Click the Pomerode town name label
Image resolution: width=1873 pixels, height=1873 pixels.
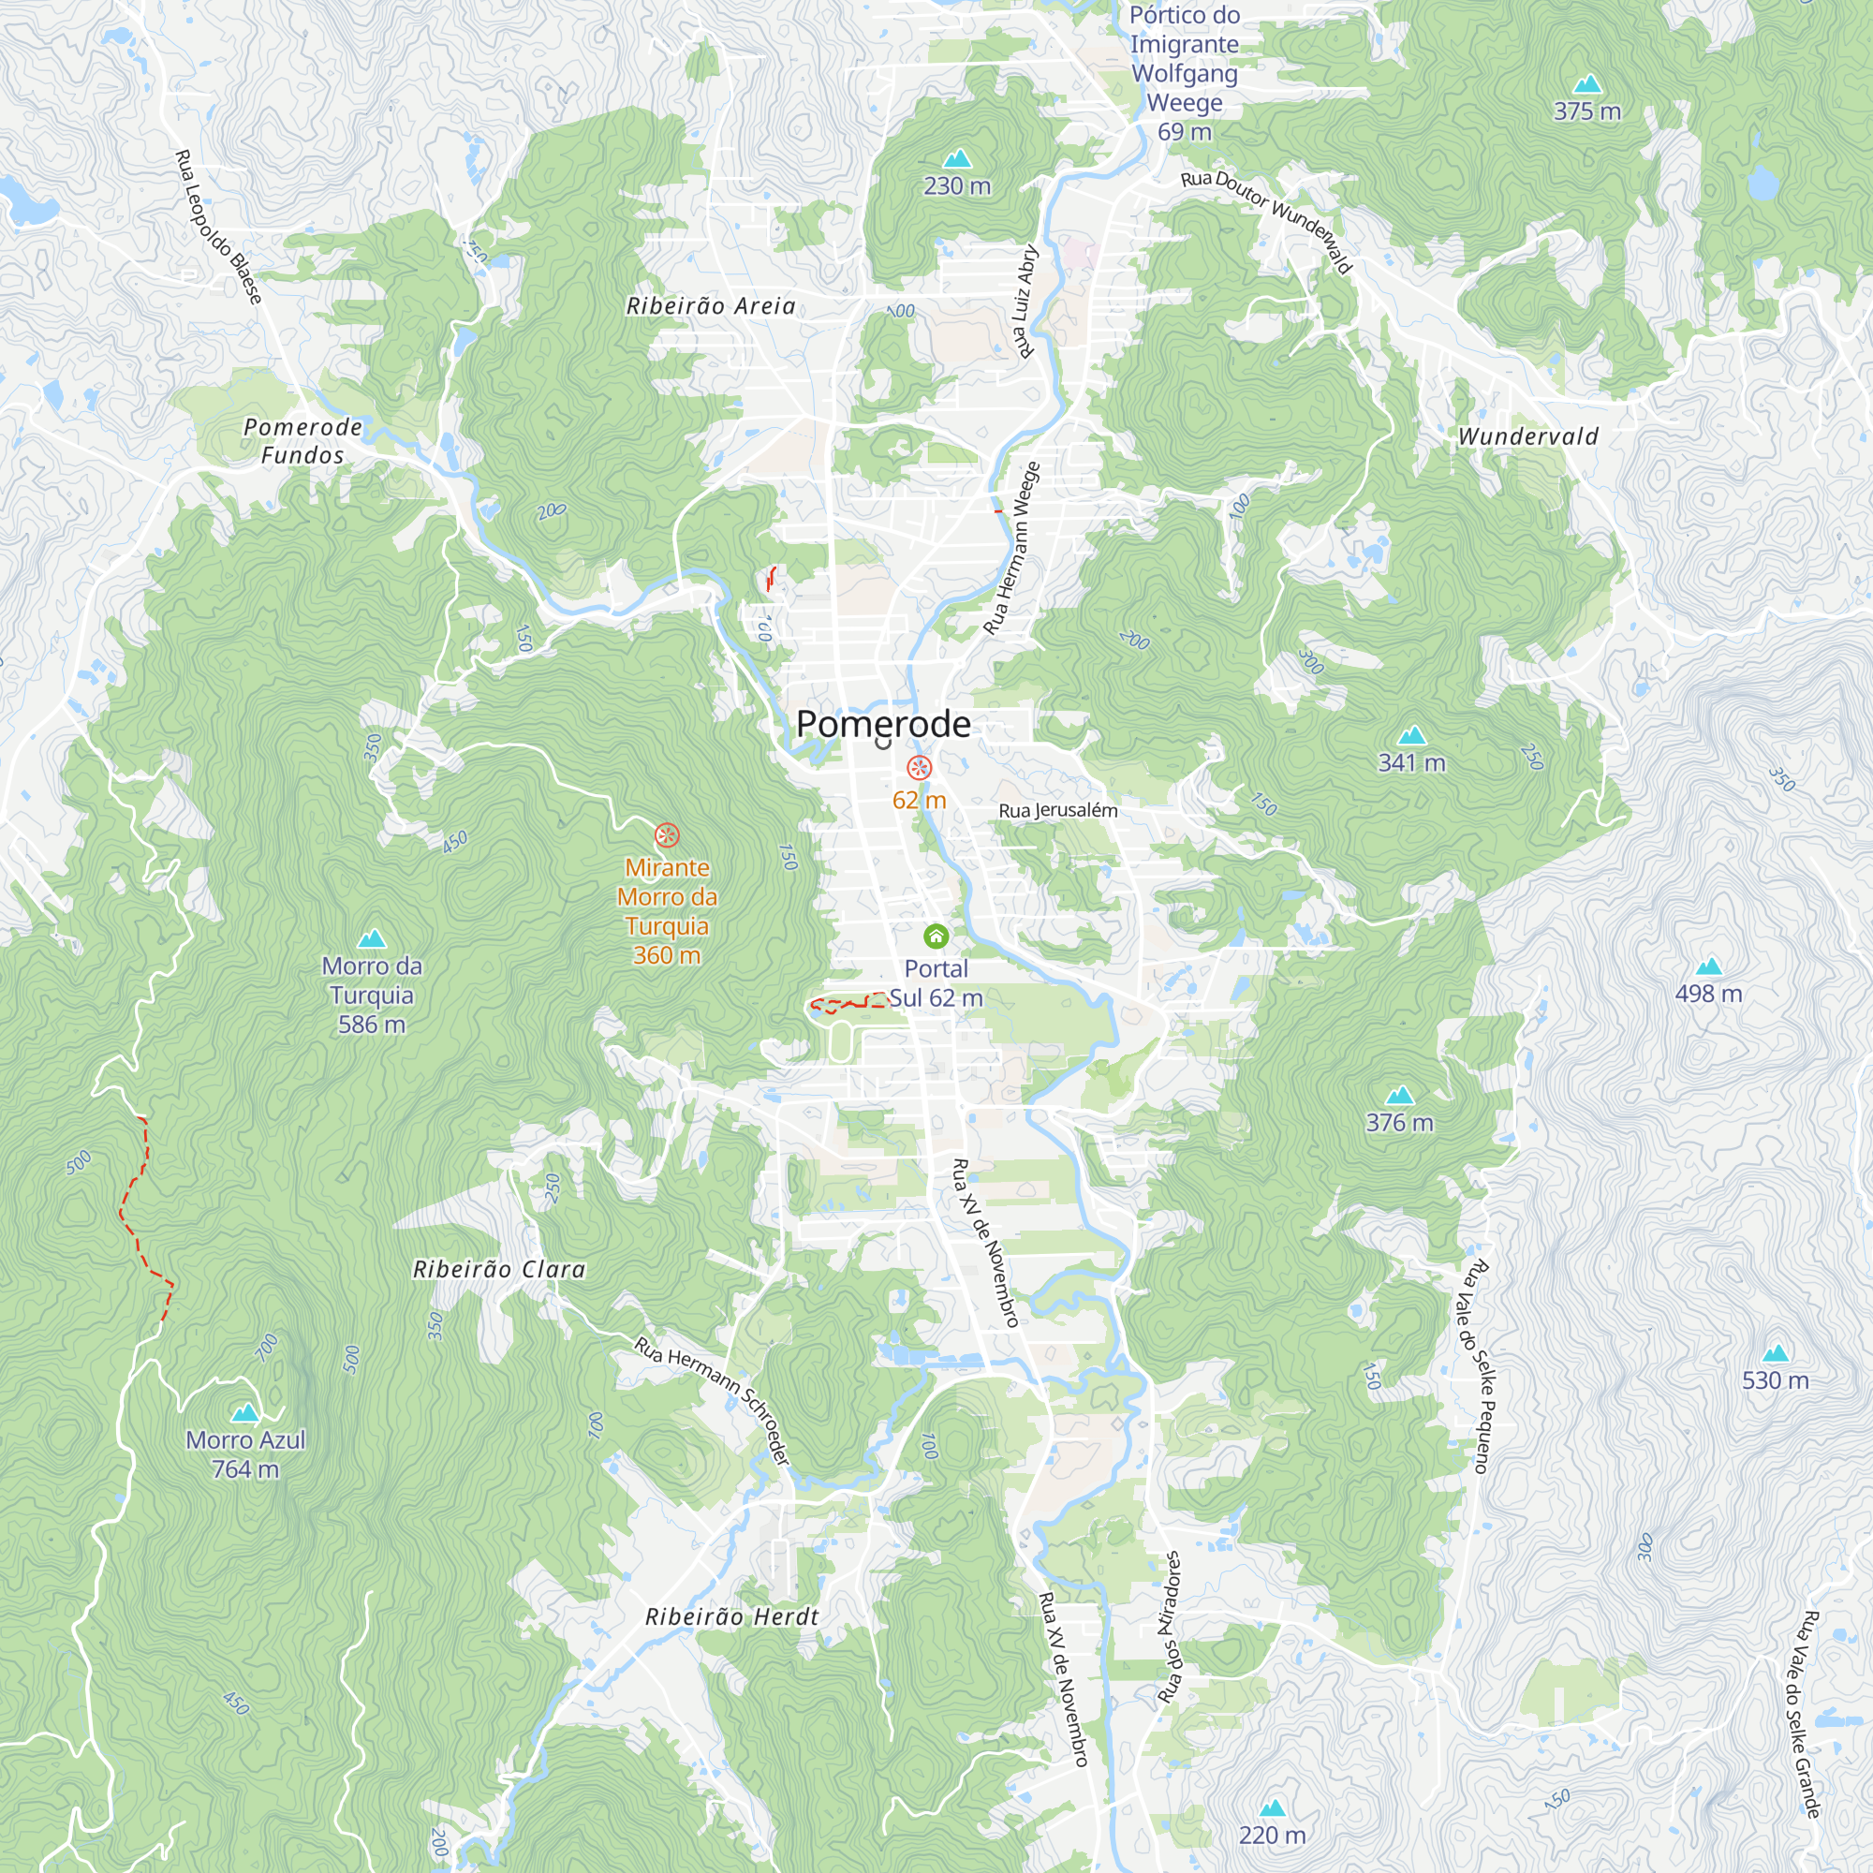[882, 724]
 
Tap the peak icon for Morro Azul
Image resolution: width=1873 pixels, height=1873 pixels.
[245, 1412]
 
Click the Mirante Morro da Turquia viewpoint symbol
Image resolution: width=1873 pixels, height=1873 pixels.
[667, 834]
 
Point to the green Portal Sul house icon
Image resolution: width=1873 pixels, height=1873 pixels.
[936, 936]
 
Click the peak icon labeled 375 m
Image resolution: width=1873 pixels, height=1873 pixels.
[1587, 84]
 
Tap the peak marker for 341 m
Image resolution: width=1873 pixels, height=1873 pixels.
[1412, 736]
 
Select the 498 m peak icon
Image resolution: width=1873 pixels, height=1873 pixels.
[1709, 966]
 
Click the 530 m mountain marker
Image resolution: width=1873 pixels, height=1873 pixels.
[1775, 1353]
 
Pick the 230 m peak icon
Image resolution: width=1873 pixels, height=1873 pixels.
[957, 159]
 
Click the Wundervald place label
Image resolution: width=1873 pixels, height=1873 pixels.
[1527, 437]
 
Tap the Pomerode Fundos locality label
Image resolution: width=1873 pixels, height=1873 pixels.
[302, 441]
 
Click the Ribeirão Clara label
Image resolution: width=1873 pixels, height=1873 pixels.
[499, 1270]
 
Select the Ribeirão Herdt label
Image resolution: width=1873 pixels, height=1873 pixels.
[732, 1617]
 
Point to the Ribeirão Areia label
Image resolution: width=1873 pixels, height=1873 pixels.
[711, 306]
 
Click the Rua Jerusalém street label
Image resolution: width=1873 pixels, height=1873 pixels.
[1057, 810]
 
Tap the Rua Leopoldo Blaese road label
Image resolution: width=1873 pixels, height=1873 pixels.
[218, 227]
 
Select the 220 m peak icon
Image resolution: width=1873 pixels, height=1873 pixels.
[1272, 1808]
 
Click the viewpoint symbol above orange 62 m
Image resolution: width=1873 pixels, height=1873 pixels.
[919, 768]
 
